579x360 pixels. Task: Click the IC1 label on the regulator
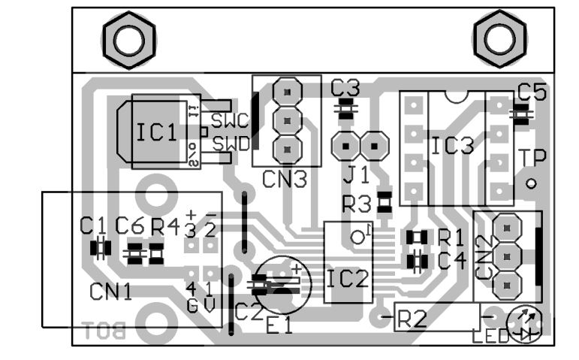(x=157, y=133)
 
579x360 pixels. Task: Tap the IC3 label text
(x=453, y=145)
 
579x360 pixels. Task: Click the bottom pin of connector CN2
(x=508, y=283)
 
